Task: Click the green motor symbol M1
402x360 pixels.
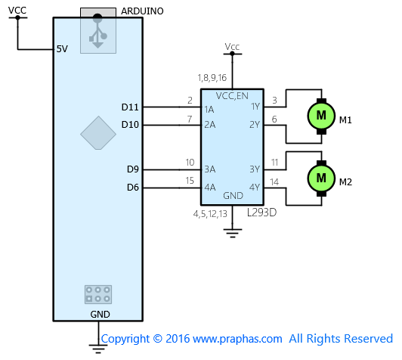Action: [321, 116]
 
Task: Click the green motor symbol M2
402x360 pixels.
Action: [321, 178]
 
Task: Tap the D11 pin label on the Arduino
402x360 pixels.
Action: [130, 107]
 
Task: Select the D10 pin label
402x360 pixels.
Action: [130, 125]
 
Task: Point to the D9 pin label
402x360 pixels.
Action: [133, 169]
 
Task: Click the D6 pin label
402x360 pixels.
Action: [133, 188]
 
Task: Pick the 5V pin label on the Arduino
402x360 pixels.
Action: [62, 48]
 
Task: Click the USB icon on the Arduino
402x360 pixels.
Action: [97, 31]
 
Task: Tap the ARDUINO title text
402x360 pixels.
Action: [142, 11]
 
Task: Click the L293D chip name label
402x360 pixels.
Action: [261, 213]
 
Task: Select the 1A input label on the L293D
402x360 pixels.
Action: [209, 110]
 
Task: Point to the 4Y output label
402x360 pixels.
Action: [255, 188]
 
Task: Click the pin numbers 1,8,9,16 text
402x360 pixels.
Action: [212, 78]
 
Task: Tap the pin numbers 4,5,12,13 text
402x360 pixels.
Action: [210, 214]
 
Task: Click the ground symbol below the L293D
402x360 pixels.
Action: [233, 233]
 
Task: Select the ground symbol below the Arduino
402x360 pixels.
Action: [98, 349]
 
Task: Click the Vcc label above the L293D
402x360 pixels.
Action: [232, 47]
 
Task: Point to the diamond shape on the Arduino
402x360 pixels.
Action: [98, 133]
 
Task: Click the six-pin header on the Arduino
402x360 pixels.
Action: [98, 294]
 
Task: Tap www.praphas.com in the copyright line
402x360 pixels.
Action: [237, 339]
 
